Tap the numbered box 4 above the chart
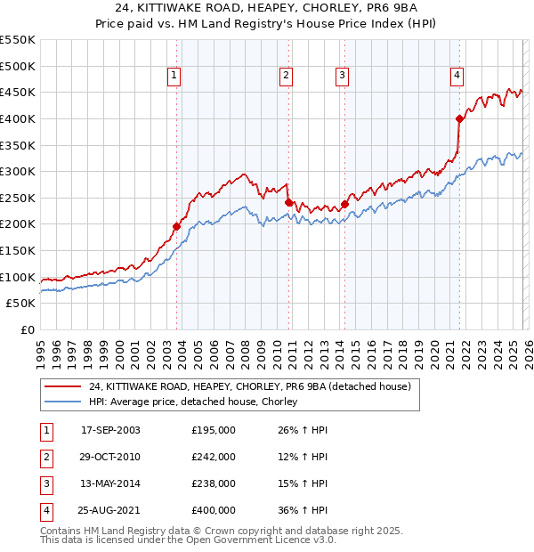pos(457,77)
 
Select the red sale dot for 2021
pos(460,118)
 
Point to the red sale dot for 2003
pos(176,226)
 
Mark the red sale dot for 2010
pos(289,202)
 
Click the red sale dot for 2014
pos(344,204)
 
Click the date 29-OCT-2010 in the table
pos(110,457)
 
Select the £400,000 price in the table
pos(214,510)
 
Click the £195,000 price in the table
pos(214,430)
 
